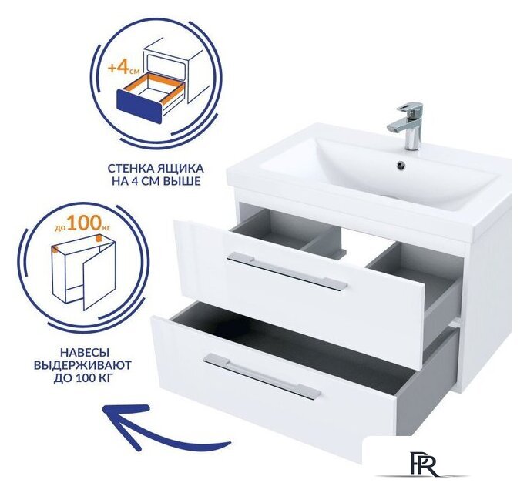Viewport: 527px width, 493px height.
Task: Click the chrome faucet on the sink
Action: (x=408, y=126)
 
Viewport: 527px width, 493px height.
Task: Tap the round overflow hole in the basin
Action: (x=401, y=165)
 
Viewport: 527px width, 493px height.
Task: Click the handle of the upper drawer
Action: (x=287, y=270)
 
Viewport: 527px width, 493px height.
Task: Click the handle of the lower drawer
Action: (x=262, y=376)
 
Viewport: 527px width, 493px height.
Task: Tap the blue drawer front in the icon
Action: (x=139, y=105)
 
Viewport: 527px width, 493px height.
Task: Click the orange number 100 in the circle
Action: (x=83, y=223)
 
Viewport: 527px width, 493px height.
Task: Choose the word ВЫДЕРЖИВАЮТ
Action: (x=82, y=366)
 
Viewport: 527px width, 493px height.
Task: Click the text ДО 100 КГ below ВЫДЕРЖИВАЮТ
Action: (x=82, y=379)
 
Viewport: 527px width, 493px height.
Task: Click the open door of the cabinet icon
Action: (x=99, y=276)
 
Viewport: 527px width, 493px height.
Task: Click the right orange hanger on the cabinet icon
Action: (x=99, y=238)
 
